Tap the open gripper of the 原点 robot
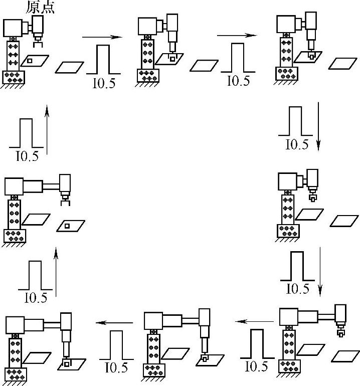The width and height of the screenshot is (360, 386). [38, 38]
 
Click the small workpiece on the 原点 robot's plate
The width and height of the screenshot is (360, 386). [31, 61]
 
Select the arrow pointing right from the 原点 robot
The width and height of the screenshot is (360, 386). [102, 37]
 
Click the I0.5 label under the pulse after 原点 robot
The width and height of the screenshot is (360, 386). [104, 83]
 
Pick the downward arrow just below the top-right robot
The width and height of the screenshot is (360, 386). [318, 125]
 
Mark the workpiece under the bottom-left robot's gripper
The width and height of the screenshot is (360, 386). [66, 362]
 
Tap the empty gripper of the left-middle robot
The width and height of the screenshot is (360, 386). [65, 201]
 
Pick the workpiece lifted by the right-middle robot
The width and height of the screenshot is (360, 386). [312, 199]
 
